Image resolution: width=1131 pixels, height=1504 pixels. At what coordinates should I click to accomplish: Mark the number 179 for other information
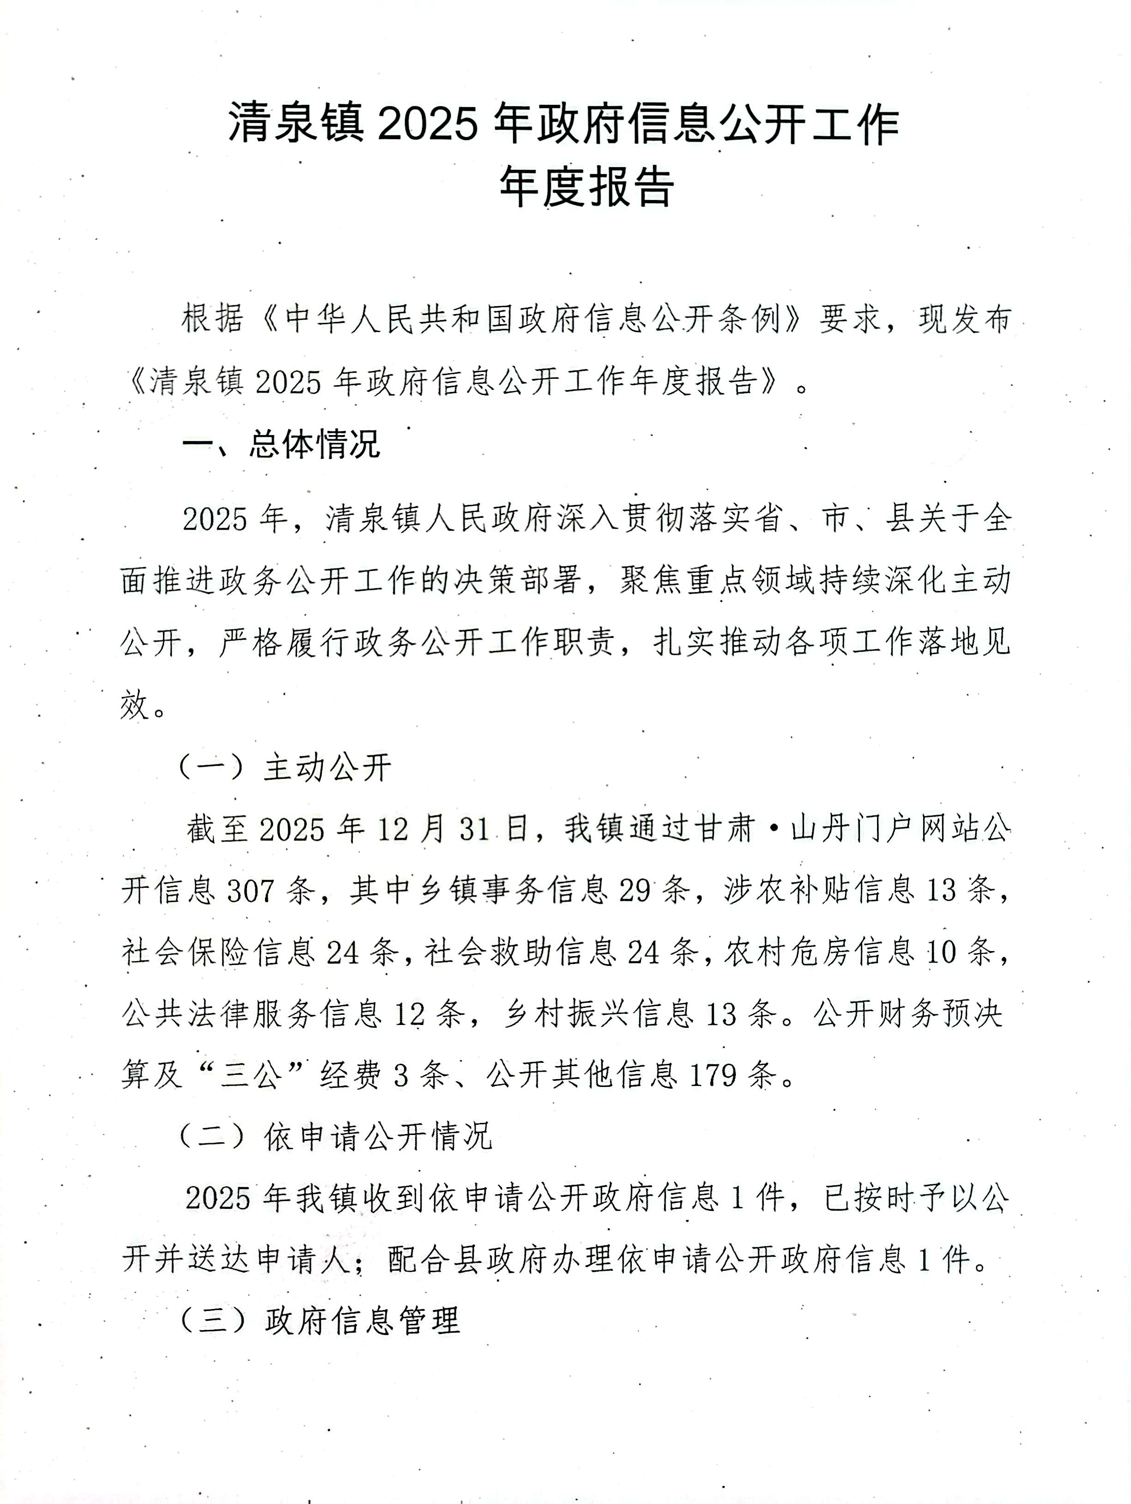(713, 1075)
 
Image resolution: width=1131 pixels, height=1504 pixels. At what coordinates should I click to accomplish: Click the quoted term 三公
(252, 1075)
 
